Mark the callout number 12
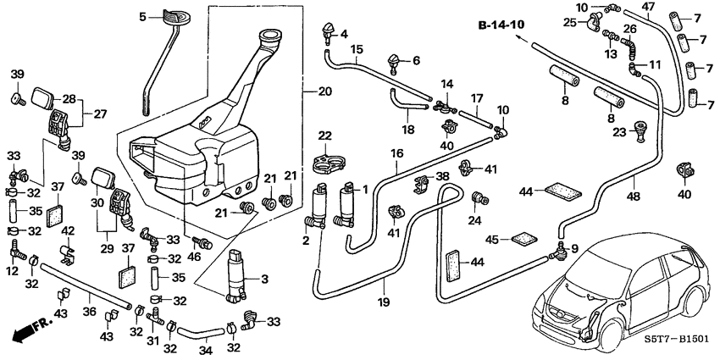pos(12,269)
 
